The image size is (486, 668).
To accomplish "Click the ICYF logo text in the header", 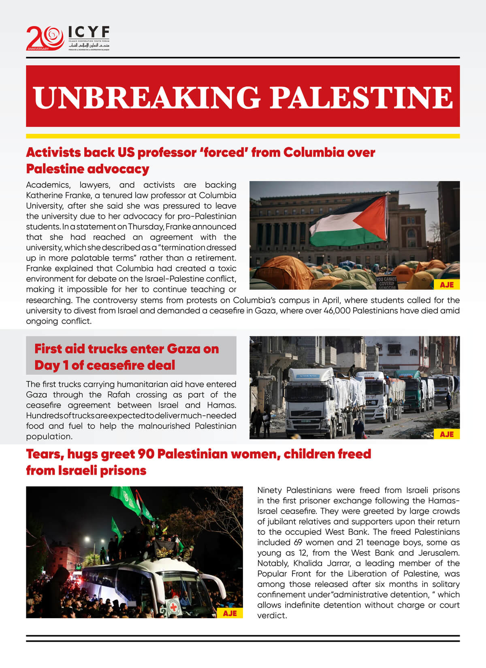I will (x=89, y=32).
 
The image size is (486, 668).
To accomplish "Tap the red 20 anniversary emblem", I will (x=45, y=38).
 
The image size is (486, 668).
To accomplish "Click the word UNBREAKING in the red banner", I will (x=146, y=97).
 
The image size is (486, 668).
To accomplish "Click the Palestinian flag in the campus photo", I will (x=349, y=222).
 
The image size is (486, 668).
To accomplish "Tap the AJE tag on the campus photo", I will (x=446, y=285).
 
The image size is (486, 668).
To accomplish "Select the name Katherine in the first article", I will (x=44, y=195).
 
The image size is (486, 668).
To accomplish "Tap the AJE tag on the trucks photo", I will (x=446, y=434).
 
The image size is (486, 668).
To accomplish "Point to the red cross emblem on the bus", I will (x=173, y=607).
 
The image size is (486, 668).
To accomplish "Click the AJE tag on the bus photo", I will (x=230, y=613).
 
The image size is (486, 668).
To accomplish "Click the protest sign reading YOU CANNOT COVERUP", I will (x=386, y=282).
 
